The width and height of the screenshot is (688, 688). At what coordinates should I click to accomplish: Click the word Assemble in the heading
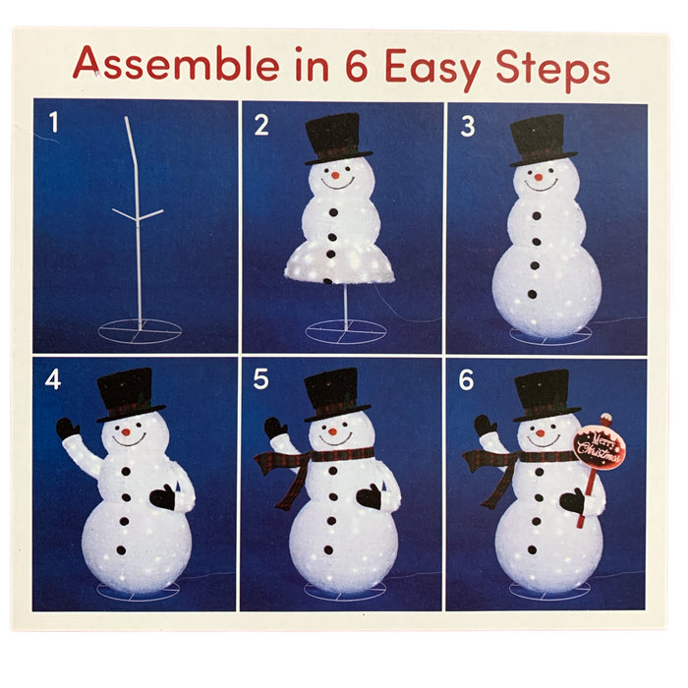click(176, 64)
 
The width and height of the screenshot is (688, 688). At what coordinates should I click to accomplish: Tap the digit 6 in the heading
click(357, 66)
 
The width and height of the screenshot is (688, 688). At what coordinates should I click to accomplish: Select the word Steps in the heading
click(552, 69)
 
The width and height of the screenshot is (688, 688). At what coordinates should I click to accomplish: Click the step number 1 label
click(54, 122)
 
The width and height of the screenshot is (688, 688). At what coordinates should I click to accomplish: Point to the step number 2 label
click(261, 125)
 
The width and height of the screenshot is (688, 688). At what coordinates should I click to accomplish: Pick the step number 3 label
click(468, 127)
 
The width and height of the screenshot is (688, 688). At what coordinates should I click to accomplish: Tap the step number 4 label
click(53, 379)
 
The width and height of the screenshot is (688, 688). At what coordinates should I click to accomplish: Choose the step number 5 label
click(260, 379)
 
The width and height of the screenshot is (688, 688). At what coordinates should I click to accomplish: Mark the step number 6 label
click(467, 380)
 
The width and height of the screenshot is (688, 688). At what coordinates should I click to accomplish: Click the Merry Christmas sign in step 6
click(600, 446)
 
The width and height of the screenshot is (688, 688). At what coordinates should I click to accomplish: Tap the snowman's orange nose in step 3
click(539, 177)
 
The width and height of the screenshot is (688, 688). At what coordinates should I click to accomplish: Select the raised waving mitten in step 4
click(67, 429)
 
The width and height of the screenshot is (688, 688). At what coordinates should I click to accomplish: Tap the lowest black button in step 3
click(533, 294)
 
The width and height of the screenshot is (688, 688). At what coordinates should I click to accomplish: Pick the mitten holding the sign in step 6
click(573, 500)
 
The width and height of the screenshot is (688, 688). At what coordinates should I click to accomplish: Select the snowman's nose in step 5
click(332, 431)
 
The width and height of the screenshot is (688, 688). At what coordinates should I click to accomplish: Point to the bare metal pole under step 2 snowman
click(346, 306)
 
